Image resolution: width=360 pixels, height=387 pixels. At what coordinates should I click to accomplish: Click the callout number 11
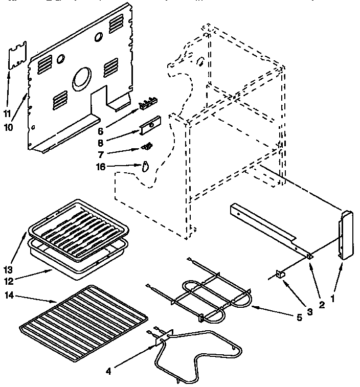(7, 113)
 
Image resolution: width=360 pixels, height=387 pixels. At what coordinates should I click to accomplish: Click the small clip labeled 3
(279, 275)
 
